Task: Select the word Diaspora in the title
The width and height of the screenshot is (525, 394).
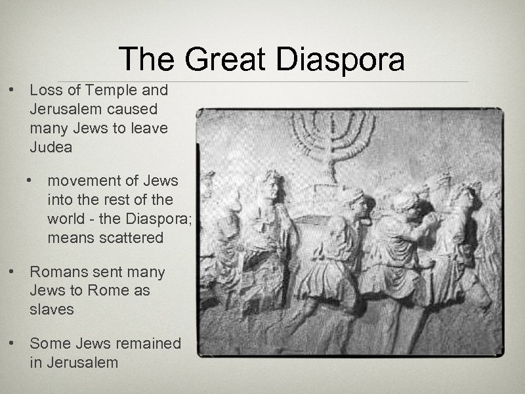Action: [341, 60]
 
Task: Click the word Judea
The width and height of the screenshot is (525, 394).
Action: [51, 147]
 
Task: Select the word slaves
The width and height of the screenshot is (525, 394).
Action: [51, 309]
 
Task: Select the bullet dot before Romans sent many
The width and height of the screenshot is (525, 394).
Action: [11, 271]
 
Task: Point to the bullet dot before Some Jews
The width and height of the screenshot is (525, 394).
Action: [11, 343]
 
